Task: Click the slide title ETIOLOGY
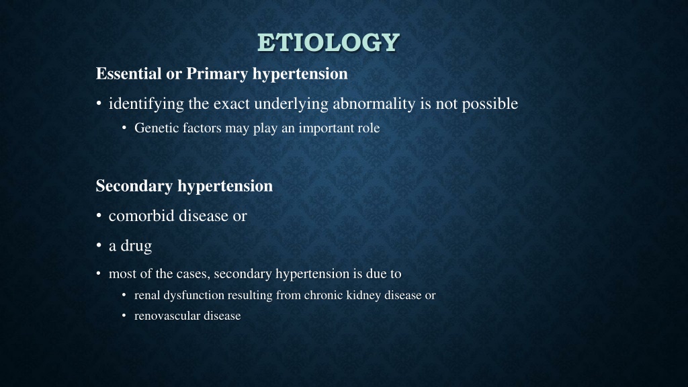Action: (328, 42)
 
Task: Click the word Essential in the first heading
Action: (128, 73)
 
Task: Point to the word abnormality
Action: (374, 104)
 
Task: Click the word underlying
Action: (292, 104)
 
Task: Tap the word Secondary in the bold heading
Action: (134, 186)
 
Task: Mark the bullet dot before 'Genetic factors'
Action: (124, 128)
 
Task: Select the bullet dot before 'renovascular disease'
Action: (124, 316)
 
